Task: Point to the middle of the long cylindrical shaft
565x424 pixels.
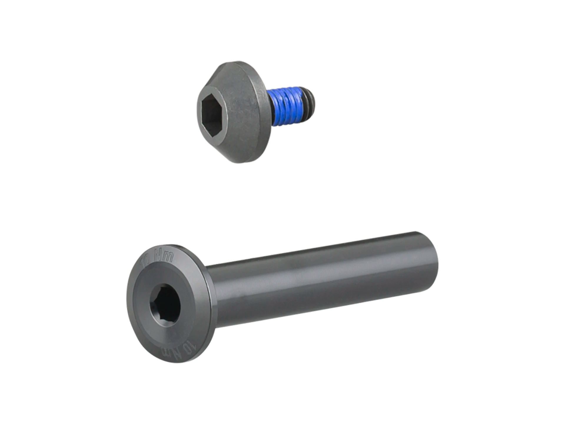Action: [324, 280]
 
